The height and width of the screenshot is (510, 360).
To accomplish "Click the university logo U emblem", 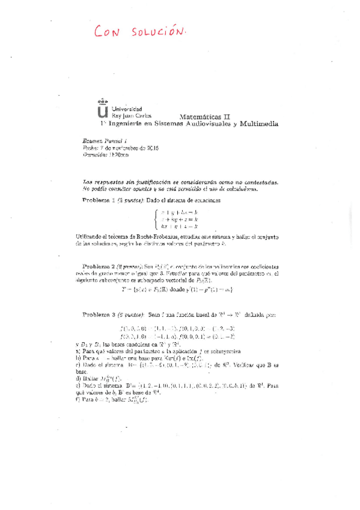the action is click(103, 110).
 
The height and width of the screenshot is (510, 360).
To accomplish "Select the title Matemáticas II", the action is click(204, 116).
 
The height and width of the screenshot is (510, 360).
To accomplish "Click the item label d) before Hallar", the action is click(79, 379).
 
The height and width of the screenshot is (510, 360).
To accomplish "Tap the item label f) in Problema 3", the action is click(79, 399).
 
